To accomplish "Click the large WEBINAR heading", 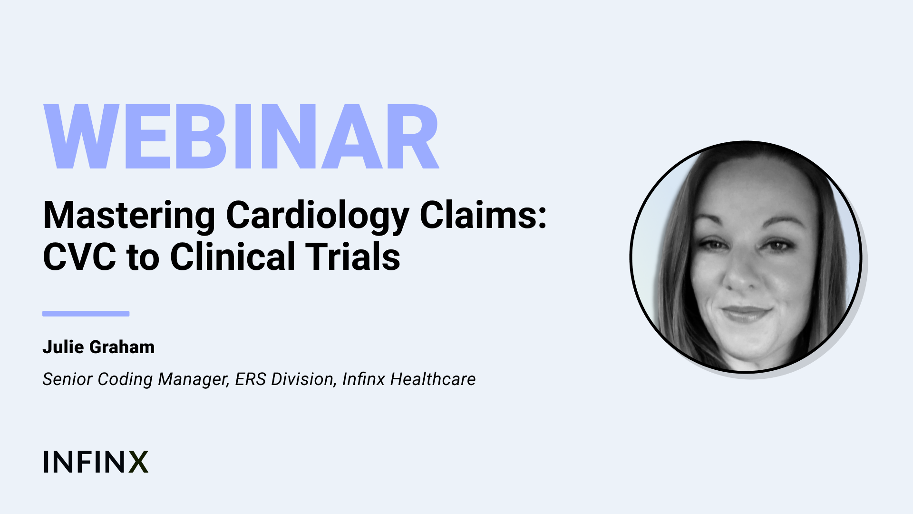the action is pyautogui.click(x=241, y=137).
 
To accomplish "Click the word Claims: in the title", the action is pyautogui.click(x=483, y=215).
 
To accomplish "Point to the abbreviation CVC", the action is pyautogui.click(x=79, y=257).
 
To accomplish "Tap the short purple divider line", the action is pyautogui.click(x=86, y=314).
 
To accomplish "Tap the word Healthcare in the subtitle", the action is pyautogui.click(x=433, y=379).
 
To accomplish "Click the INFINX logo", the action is pyautogui.click(x=96, y=462).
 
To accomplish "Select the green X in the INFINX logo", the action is pyautogui.click(x=138, y=462).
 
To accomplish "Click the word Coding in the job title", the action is pyautogui.click(x=126, y=380).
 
